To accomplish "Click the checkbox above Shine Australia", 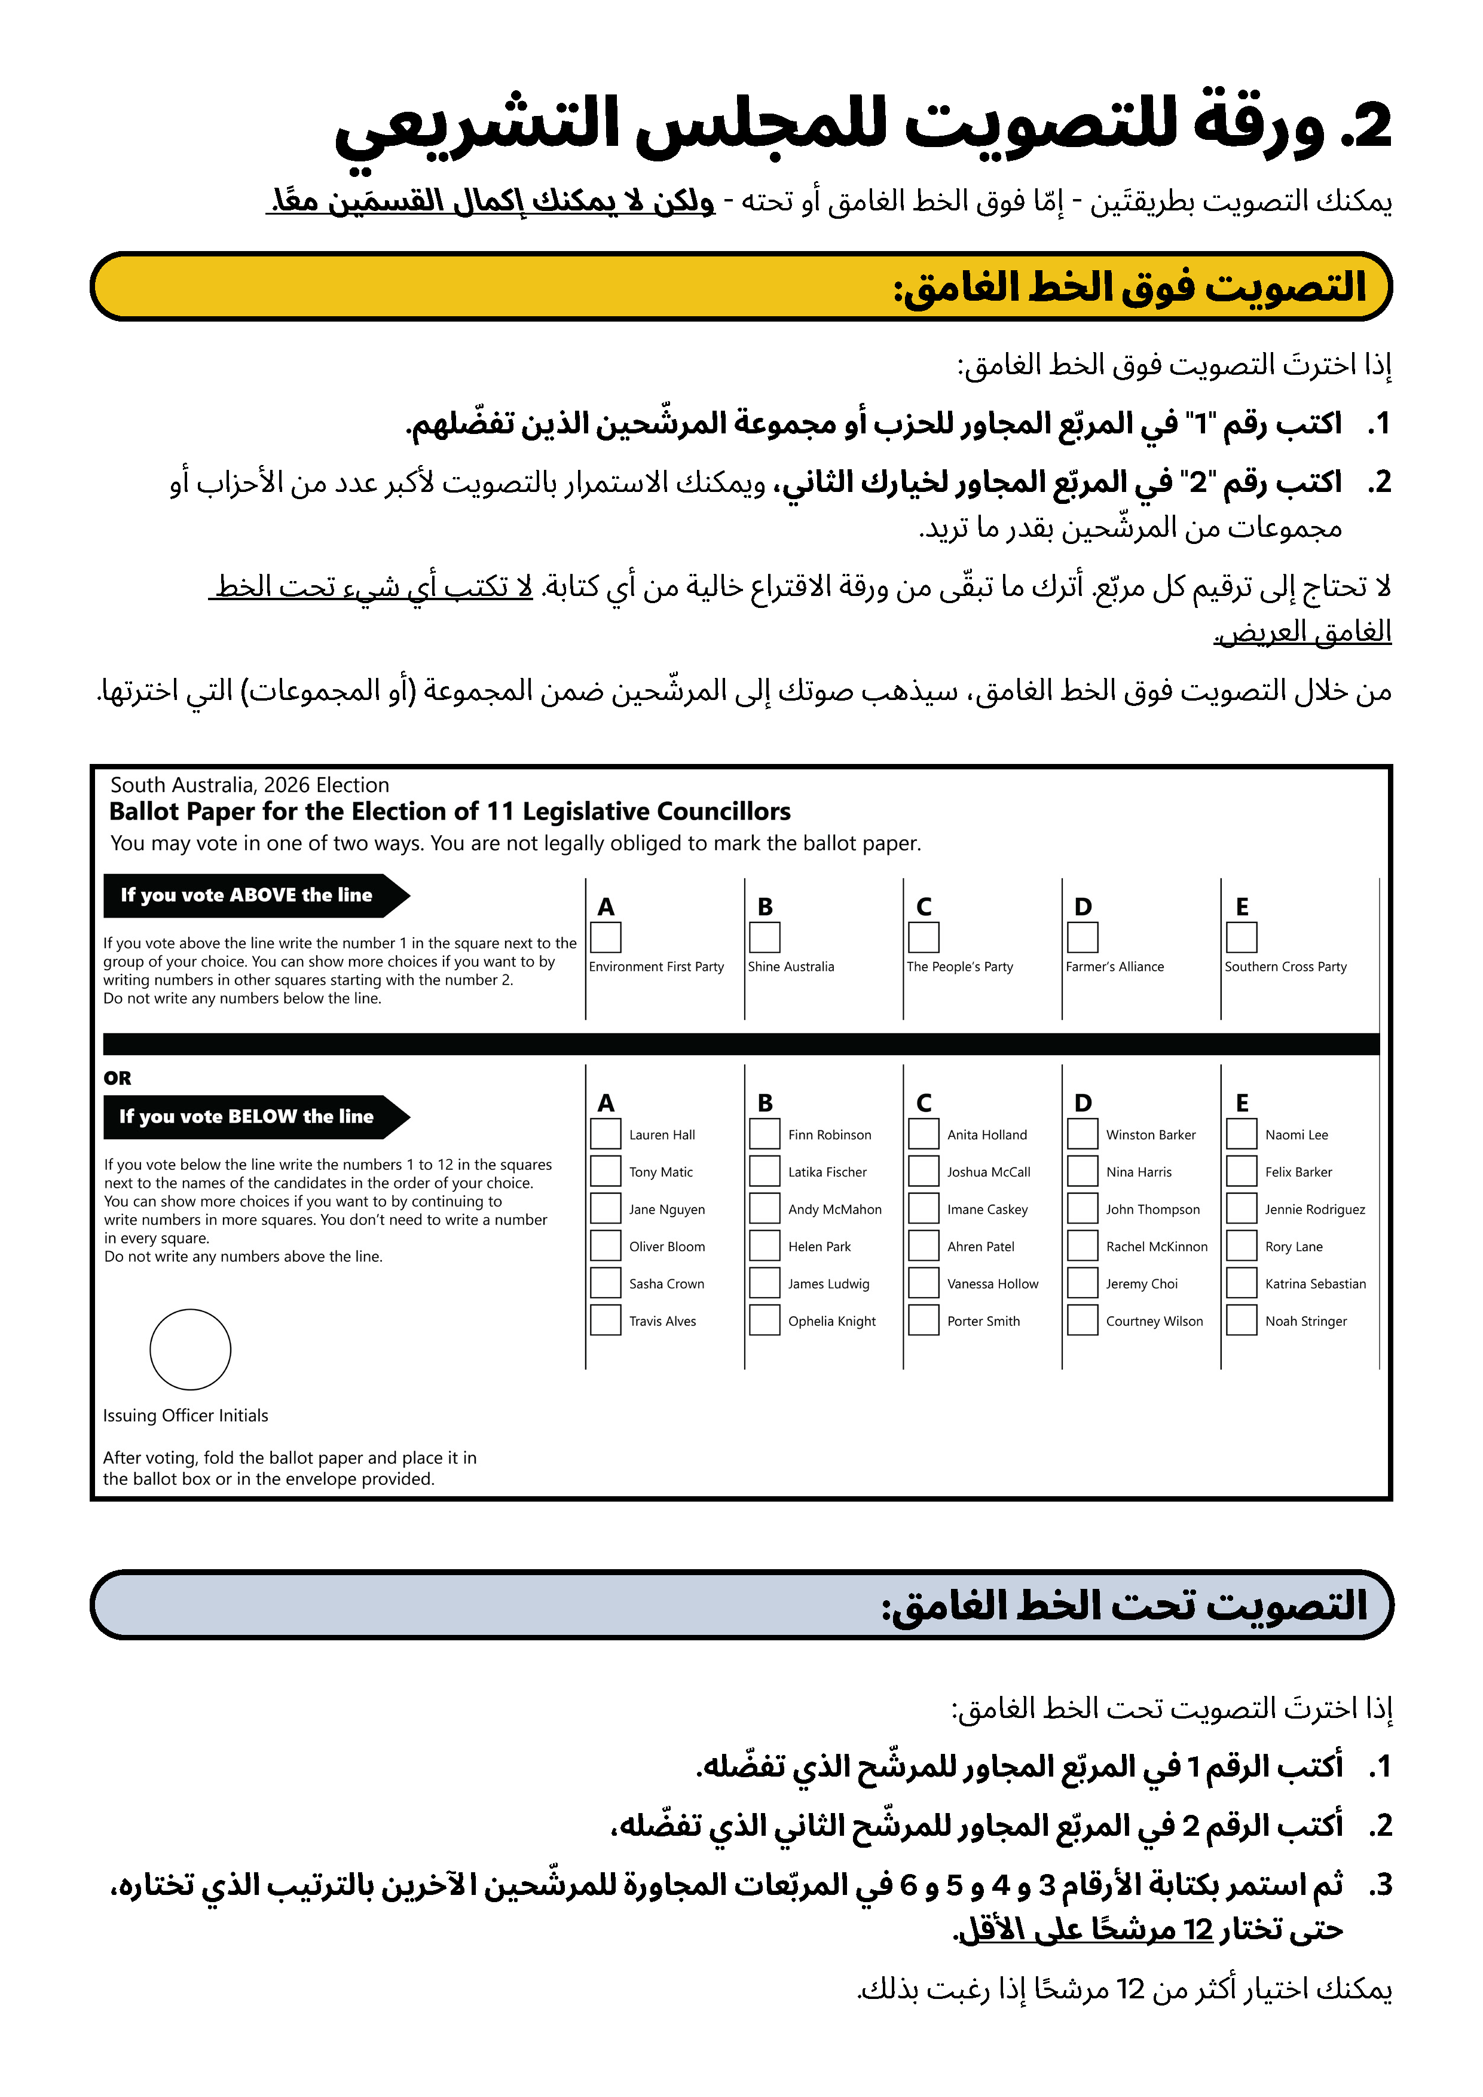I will (x=765, y=937).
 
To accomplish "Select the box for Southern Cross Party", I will (x=1241, y=937).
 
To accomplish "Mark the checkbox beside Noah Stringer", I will (x=1241, y=1320).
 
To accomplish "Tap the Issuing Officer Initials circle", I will (x=190, y=1349).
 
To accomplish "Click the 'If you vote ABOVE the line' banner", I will (x=246, y=895).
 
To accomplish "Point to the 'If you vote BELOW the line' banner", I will (x=246, y=1116).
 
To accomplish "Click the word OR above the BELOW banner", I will (x=118, y=1078).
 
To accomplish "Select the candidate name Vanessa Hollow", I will (x=993, y=1284).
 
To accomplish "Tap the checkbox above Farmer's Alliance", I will (x=1082, y=937).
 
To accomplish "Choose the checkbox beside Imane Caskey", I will (x=924, y=1208).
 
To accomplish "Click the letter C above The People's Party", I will (x=924, y=907).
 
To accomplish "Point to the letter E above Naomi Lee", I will (x=1242, y=1103).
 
